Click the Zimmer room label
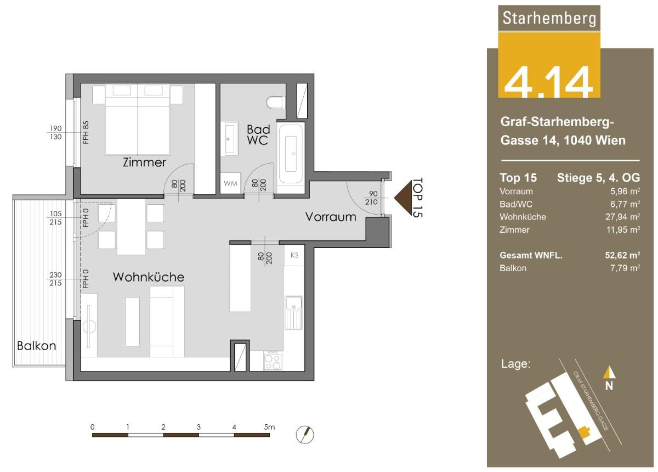point(144,162)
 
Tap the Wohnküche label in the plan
point(149,277)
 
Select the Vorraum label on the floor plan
point(331,217)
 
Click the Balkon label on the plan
point(36,346)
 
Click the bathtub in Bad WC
point(291,154)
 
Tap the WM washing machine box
point(230,183)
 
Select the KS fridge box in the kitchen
point(294,255)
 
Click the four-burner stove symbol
point(273,360)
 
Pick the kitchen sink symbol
point(293,313)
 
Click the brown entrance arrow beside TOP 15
point(402,198)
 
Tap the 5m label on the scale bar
point(269,426)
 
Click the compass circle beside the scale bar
point(305,434)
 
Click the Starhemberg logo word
point(549,18)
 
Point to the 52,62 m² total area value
point(622,255)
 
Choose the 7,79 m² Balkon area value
point(625,268)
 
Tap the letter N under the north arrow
point(609,386)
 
